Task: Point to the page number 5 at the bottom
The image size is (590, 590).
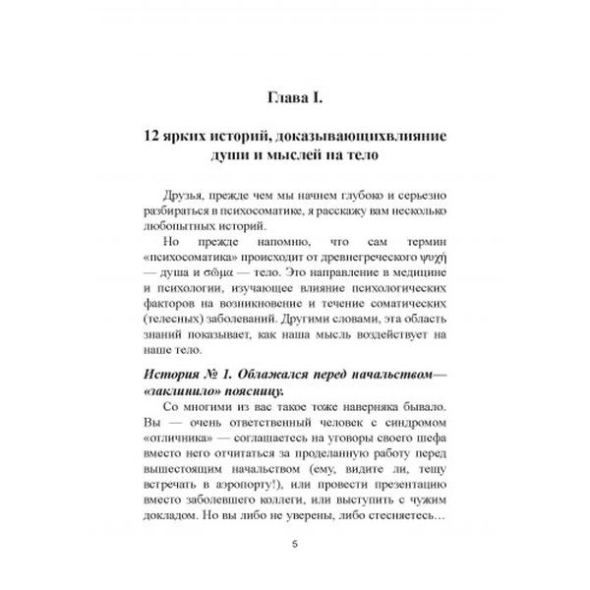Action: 295,548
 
